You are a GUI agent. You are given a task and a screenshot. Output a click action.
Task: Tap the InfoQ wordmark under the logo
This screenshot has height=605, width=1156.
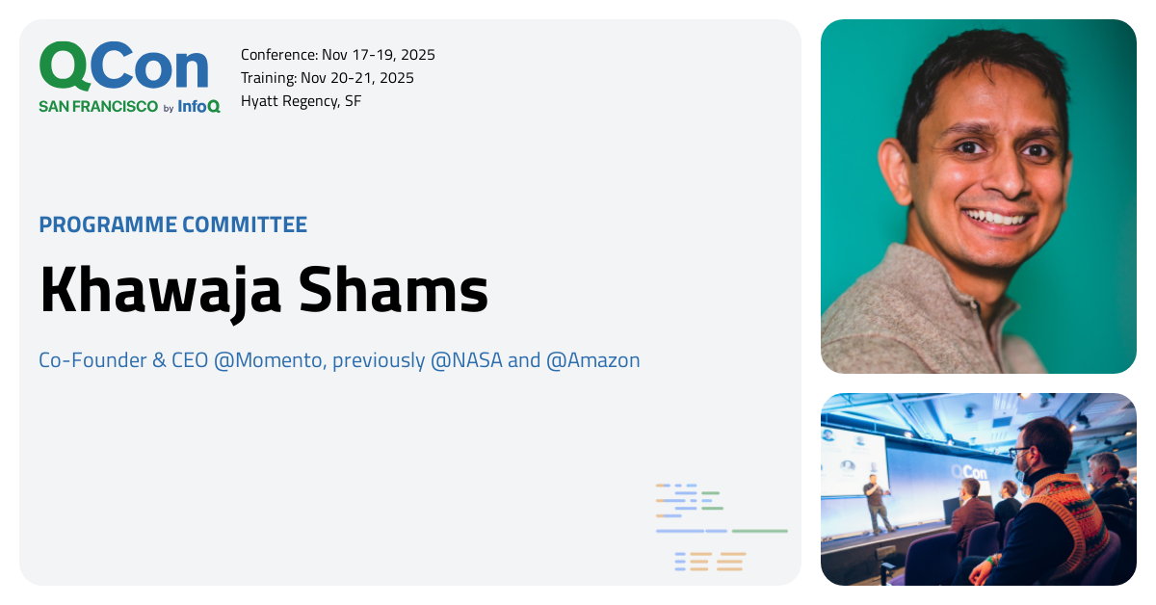(198, 106)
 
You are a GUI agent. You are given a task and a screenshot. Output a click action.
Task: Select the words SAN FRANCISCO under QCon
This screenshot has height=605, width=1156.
(98, 106)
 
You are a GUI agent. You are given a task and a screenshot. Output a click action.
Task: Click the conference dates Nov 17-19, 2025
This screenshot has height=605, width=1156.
(379, 55)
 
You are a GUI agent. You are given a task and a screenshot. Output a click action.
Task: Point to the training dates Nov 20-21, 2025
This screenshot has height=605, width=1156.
(357, 78)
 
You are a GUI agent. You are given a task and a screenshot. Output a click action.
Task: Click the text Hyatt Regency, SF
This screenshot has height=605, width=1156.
(301, 101)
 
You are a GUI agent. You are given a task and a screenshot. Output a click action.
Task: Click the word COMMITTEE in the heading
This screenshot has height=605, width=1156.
(245, 224)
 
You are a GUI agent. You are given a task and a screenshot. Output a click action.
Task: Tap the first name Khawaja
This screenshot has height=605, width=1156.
(161, 292)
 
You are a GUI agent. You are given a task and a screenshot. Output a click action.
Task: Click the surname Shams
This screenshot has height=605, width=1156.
(393, 289)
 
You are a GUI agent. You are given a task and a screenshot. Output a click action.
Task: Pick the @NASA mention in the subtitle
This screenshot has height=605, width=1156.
(466, 360)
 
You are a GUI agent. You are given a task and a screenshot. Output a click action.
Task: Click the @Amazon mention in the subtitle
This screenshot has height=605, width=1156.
(592, 360)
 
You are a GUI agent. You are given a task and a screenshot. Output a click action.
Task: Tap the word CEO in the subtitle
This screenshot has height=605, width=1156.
(190, 360)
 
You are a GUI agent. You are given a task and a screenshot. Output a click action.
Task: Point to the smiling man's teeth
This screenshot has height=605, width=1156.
(997, 218)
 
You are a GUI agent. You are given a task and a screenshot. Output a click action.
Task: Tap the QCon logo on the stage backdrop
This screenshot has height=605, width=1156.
(969, 472)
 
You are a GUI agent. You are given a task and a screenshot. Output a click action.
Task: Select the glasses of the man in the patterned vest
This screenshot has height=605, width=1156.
(1019, 453)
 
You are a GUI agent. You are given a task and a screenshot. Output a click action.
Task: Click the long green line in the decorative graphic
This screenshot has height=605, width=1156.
(760, 531)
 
